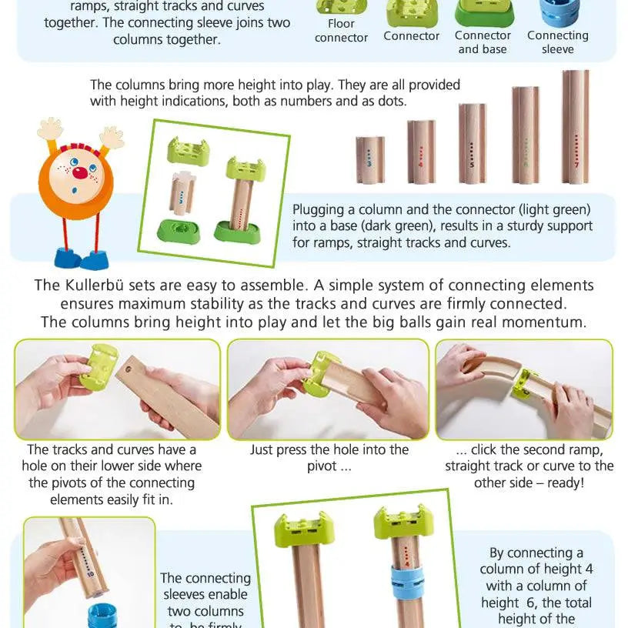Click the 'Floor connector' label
coord(341,30)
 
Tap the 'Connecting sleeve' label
coord(557,42)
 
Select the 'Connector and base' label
coord(483,42)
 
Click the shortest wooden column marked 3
coord(370,160)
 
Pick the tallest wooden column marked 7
coord(575,127)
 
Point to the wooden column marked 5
coord(473,144)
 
